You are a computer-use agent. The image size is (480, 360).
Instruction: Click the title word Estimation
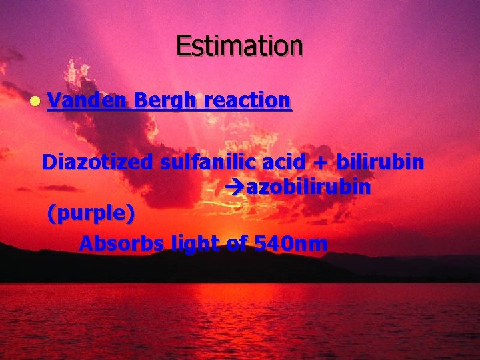coord(239,45)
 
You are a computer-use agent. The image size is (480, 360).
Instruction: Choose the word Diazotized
coord(97,162)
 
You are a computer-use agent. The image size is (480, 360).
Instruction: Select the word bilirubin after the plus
coord(380,162)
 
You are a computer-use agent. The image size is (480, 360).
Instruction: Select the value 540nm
coord(291,243)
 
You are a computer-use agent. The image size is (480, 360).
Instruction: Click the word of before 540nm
coord(237,243)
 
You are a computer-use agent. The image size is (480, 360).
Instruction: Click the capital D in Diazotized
coord(49,162)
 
